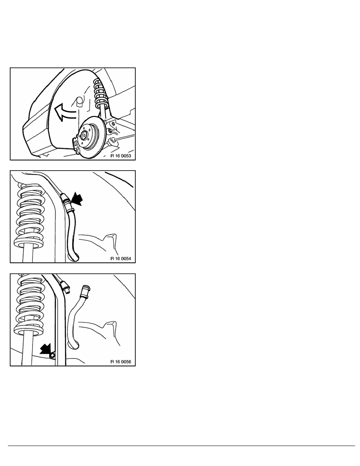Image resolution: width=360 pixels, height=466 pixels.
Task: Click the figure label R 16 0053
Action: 120,156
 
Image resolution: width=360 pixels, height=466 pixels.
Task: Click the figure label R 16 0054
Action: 120,258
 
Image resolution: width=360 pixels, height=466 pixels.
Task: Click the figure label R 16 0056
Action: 120,362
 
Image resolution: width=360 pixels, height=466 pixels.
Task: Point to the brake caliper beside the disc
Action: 75,144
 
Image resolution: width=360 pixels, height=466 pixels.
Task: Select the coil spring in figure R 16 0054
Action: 29,215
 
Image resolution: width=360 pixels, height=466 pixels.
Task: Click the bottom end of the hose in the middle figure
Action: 74,257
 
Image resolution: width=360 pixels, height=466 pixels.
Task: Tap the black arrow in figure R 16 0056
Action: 45,348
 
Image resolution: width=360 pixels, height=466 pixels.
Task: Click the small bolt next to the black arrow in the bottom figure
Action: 53,355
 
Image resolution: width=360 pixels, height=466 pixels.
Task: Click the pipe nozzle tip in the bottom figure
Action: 67,289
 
